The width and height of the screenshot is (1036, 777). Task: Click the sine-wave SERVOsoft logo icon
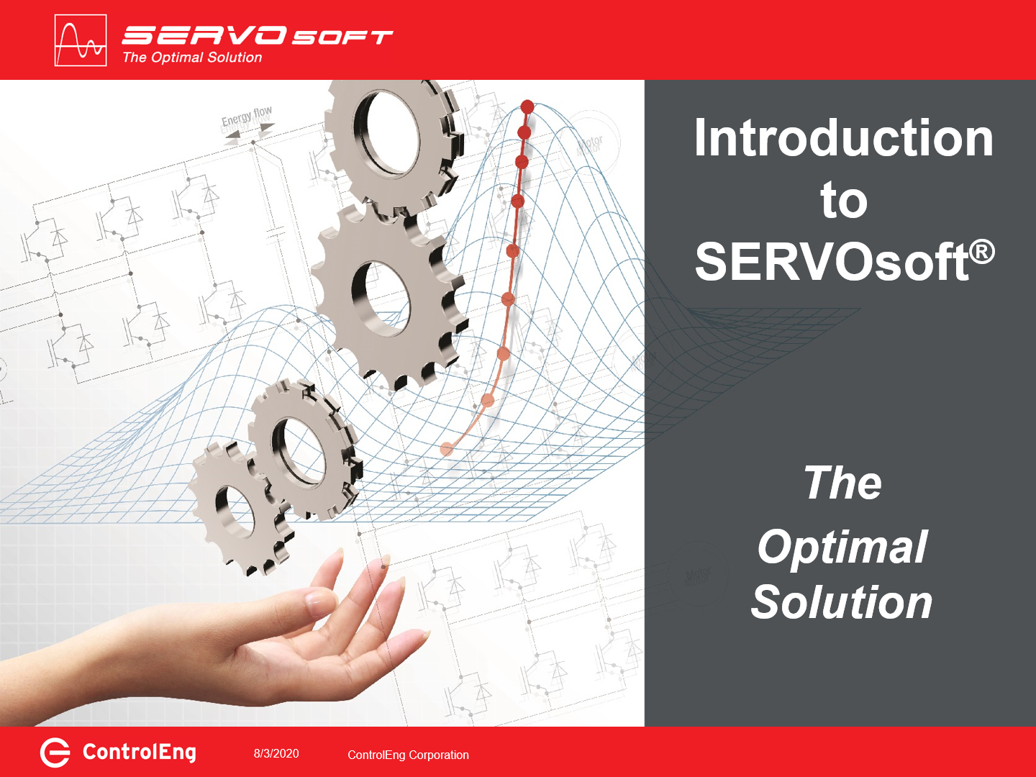(81, 40)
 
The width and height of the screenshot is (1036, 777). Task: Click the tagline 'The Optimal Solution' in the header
(192, 58)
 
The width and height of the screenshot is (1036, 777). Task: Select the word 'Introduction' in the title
(843, 138)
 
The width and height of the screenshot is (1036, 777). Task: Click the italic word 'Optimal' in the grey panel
(842, 547)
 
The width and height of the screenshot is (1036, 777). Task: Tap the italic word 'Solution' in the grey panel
(842, 602)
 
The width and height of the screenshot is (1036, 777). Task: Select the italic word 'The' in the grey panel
(842, 483)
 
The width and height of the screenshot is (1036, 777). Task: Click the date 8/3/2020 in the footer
(276, 753)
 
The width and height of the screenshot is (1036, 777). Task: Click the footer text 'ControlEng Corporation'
(408, 755)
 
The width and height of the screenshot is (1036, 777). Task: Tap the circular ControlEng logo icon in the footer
(55, 753)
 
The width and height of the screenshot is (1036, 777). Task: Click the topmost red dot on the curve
(527, 106)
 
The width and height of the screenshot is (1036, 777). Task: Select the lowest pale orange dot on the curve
(447, 449)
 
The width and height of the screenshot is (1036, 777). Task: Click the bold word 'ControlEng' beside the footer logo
(139, 753)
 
